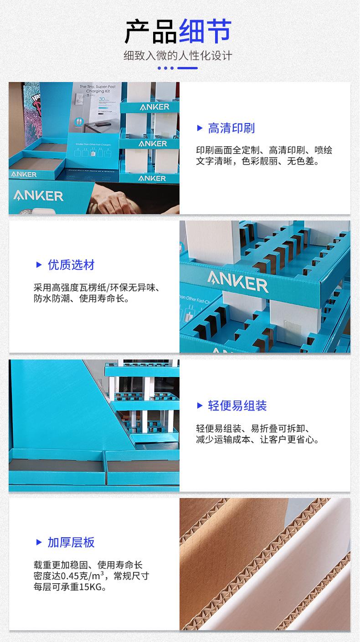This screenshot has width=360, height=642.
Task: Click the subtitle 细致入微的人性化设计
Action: pos(178,56)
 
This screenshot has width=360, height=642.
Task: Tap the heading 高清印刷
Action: pos(231,128)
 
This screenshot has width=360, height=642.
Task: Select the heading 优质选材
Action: pos(71,265)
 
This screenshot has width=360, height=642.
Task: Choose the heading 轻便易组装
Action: pos(237,406)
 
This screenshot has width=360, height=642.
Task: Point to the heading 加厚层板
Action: pos(71,542)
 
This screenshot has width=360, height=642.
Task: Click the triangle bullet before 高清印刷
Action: pos(200,128)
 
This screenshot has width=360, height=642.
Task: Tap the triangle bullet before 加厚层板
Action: pos(39,542)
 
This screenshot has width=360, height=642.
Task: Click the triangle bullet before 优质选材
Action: pos(39,265)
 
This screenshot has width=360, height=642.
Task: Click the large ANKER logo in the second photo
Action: pos(238,282)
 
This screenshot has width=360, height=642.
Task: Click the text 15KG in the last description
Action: pos(89,588)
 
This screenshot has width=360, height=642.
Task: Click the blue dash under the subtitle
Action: pos(187,68)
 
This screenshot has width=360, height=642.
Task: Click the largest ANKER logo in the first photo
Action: pos(38,196)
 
